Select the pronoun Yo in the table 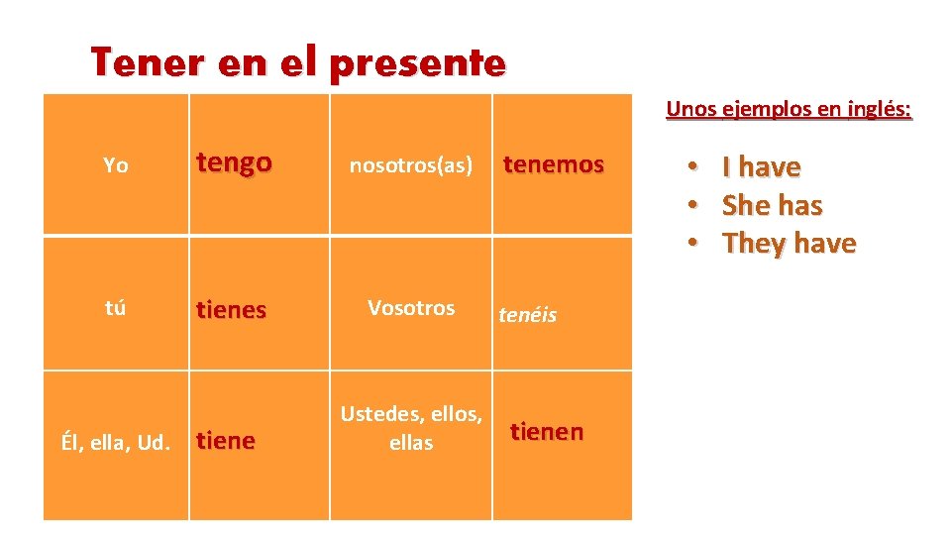(x=115, y=165)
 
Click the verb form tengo (x=234, y=163)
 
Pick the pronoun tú (x=115, y=307)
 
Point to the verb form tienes (x=232, y=310)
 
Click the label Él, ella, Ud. (x=116, y=441)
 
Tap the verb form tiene (x=226, y=441)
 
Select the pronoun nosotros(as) (x=411, y=165)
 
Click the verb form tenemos (x=554, y=164)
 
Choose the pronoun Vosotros (x=411, y=307)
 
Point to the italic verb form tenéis (x=527, y=315)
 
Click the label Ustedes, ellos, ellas (x=411, y=428)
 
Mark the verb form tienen (x=547, y=432)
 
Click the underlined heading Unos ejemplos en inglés (x=789, y=109)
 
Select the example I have (x=761, y=167)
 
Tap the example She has (x=773, y=205)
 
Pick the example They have (x=790, y=243)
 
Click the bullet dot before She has (x=695, y=206)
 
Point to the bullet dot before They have (x=695, y=244)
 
